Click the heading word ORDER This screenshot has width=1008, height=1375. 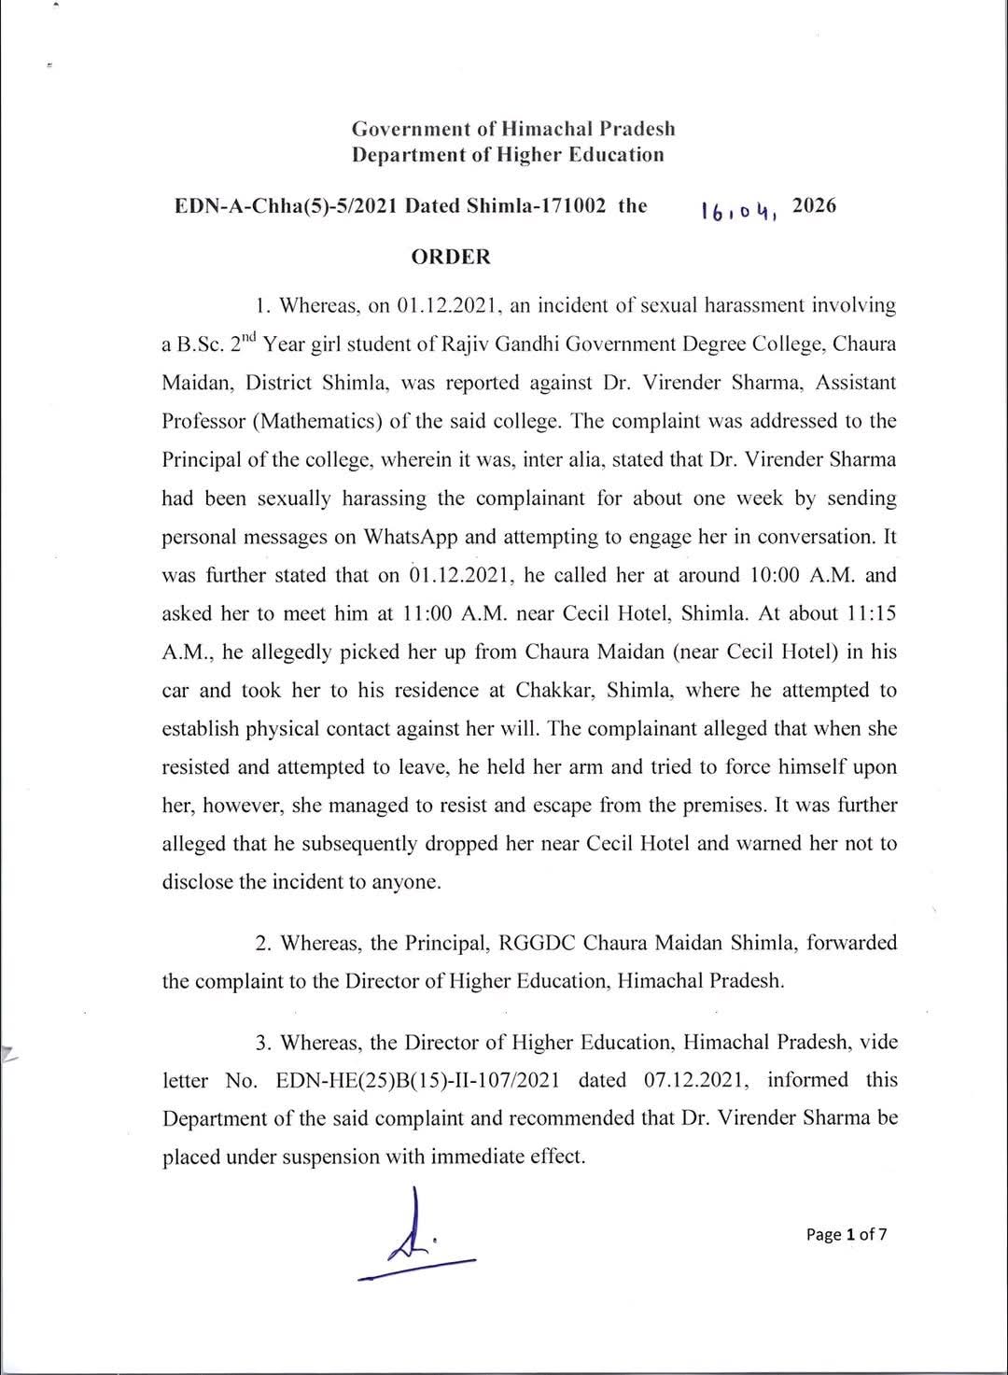click(451, 257)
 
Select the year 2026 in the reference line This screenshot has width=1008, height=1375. click(814, 205)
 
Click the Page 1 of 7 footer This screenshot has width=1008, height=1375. click(847, 1234)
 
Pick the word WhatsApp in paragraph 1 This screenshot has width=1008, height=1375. click(410, 537)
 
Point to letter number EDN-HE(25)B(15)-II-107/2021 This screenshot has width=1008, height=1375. click(418, 1080)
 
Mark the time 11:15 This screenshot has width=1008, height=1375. click(865, 613)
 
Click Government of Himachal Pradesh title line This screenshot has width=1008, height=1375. click(513, 129)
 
